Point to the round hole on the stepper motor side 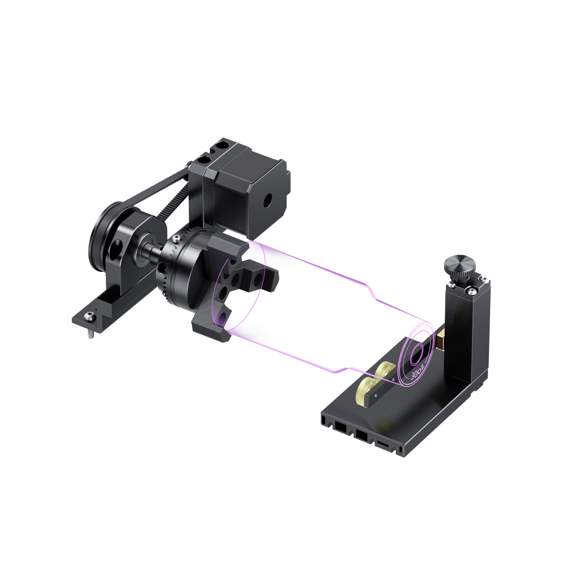pyautogui.click(x=267, y=201)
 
